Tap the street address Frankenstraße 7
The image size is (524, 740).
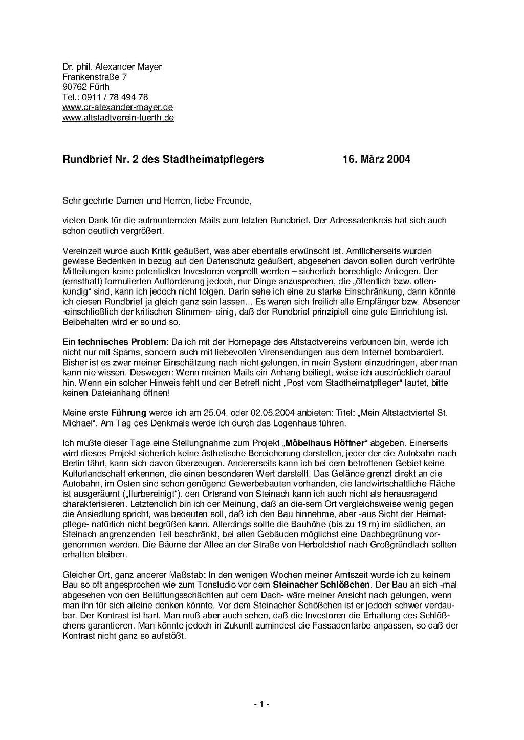click(x=95, y=77)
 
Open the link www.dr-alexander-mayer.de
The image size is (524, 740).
click(x=118, y=107)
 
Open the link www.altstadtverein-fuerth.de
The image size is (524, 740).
click(x=118, y=118)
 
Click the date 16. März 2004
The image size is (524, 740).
click(x=376, y=159)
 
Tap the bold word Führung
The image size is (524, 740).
click(x=126, y=413)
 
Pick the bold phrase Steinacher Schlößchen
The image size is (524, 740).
click(x=321, y=585)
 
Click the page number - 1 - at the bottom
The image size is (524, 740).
click(x=261, y=704)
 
